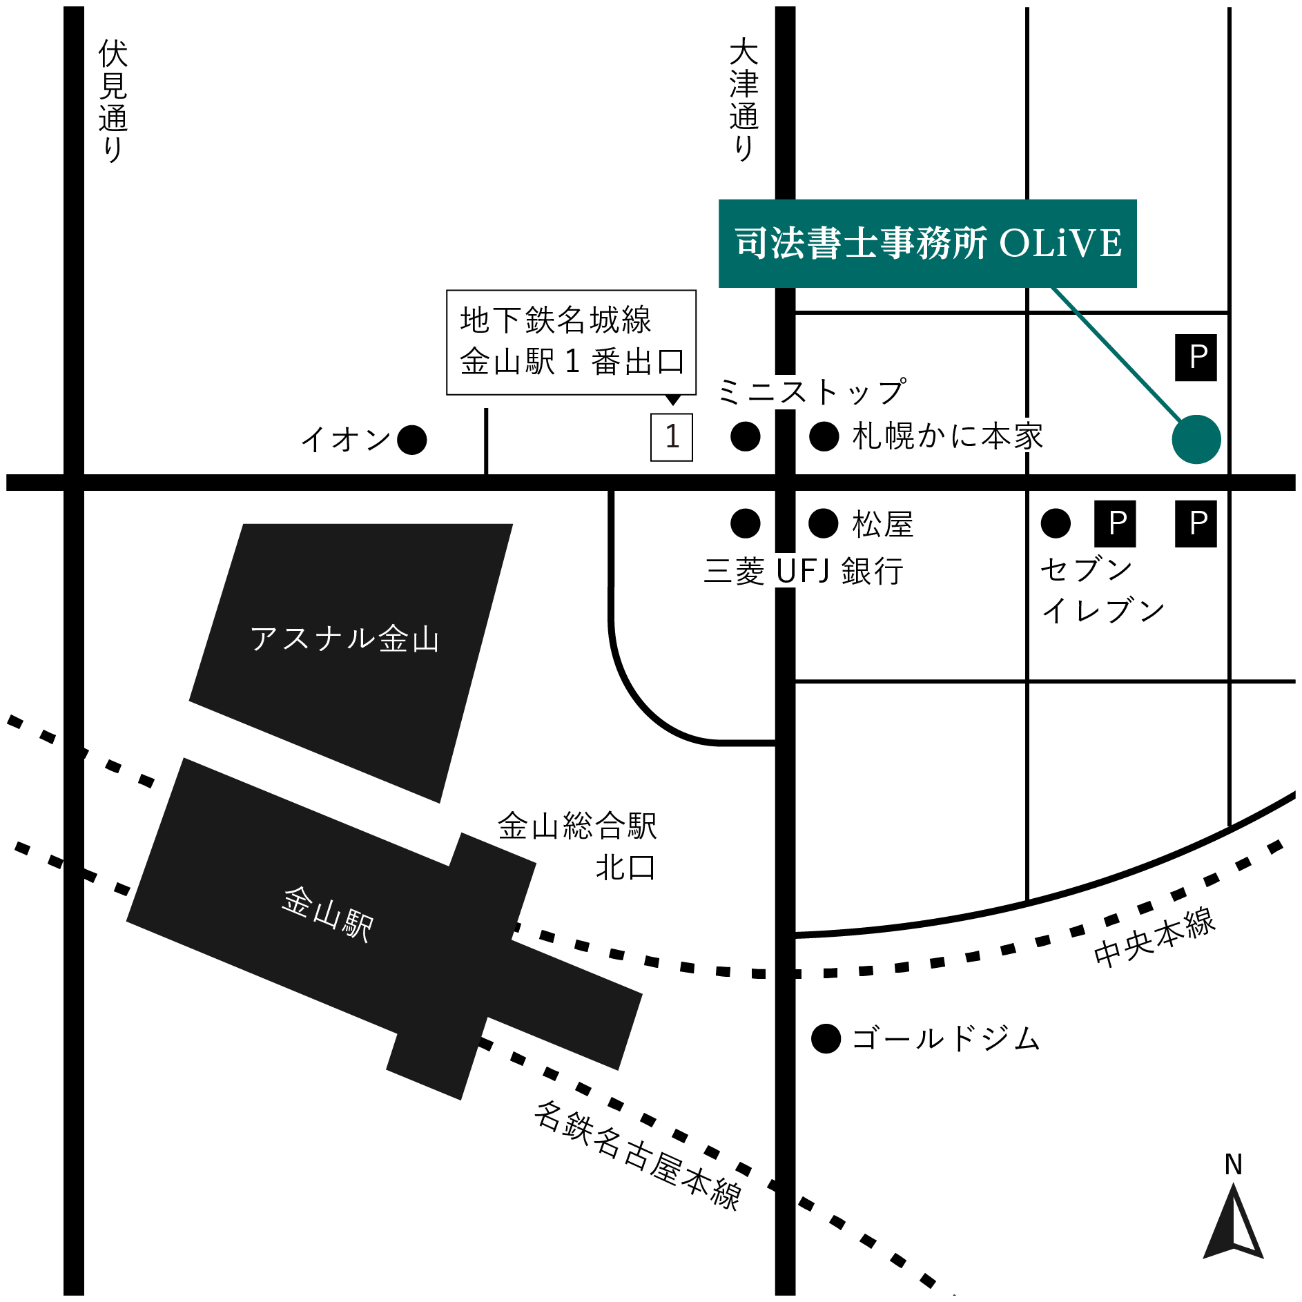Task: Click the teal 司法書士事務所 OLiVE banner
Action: pos(927,243)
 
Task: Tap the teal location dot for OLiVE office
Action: pos(1196,439)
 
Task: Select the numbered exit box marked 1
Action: pos(672,437)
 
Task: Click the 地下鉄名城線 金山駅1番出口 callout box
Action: pos(571,342)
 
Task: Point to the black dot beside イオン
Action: pos(412,440)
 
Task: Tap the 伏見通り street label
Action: pos(113,100)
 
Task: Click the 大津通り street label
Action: pos(744,100)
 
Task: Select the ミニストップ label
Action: pos(812,392)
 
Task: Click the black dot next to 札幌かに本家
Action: pos(824,436)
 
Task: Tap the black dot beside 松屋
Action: pos(823,523)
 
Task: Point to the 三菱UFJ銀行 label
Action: pos(804,572)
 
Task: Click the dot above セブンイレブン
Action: pos(1056,523)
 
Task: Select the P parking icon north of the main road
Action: pos(1196,358)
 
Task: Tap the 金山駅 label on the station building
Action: pos(328,914)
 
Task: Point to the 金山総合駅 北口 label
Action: pos(579,846)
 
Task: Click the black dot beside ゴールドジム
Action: pos(826,1038)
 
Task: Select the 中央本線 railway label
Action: pos(1154,937)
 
